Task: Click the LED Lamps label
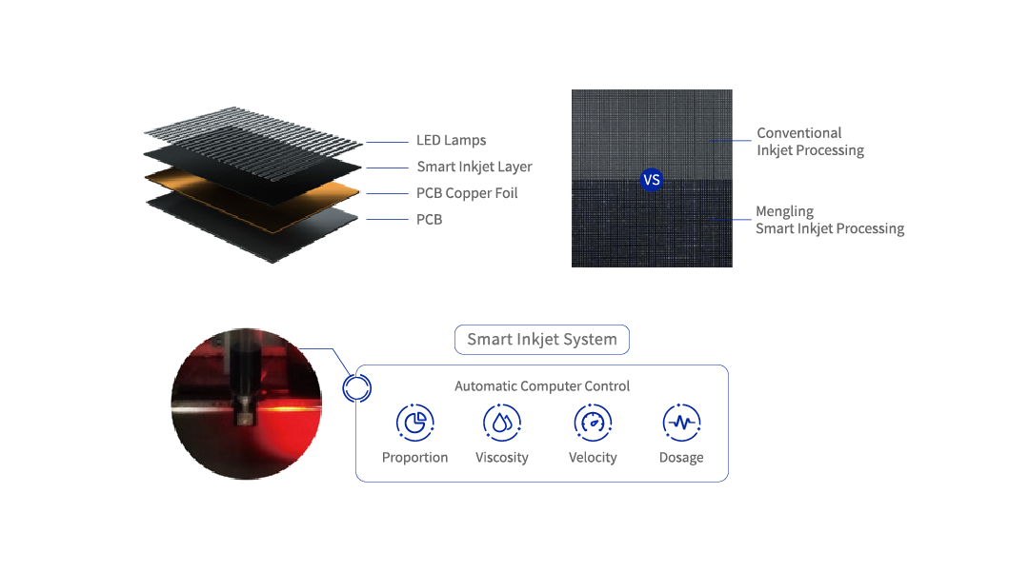[x=451, y=140]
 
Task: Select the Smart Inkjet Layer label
[x=474, y=168]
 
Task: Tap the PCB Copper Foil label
[x=467, y=193]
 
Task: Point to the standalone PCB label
[x=429, y=220]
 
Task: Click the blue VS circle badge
[x=652, y=180]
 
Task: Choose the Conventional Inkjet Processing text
[x=810, y=142]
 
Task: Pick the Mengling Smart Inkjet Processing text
[x=830, y=220]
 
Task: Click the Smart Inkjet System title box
[x=542, y=340]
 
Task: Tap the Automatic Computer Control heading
[x=542, y=385]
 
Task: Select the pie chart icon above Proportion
[x=414, y=423]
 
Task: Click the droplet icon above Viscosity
[x=502, y=423]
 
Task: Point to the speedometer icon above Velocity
[x=593, y=423]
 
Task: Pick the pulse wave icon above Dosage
[x=681, y=423]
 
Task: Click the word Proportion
[x=414, y=458]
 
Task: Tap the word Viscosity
[x=502, y=458]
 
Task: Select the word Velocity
[x=593, y=458]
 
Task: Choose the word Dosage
[x=681, y=458]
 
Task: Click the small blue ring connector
[x=344, y=388]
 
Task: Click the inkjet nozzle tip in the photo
[x=245, y=418]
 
